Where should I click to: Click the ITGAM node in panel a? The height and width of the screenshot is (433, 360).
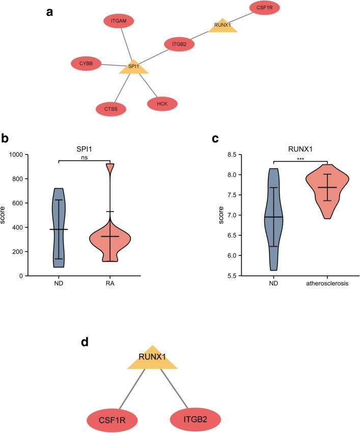pos(118,21)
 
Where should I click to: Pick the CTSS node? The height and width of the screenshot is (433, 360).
pos(111,108)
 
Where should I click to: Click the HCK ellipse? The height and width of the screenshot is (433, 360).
pos(162,104)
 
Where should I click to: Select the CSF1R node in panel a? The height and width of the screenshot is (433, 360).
pos(265,8)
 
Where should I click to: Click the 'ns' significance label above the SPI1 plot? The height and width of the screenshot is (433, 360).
pos(84,157)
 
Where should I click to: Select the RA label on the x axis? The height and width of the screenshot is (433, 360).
pos(110,284)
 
